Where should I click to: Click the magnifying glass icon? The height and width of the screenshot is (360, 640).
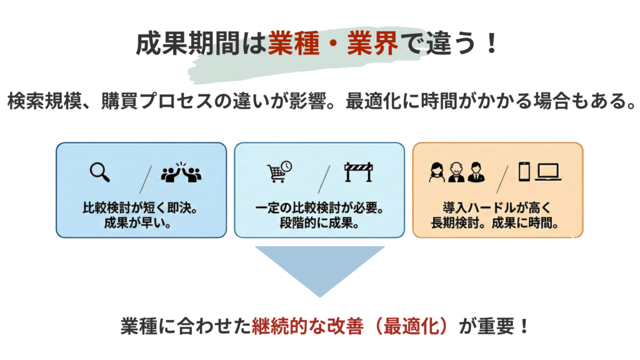click(99, 172)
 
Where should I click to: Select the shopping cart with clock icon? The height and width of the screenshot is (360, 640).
click(279, 172)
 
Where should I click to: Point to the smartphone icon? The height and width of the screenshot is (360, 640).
click(524, 172)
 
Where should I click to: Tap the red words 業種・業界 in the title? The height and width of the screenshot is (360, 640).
click(332, 45)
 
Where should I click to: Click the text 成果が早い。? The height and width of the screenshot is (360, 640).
click(141, 222)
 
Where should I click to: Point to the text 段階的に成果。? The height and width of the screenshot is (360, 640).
click(319, 222)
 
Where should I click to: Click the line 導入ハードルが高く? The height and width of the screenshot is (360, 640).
click(497, 207)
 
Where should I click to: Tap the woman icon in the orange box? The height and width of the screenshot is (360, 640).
click(436, 172)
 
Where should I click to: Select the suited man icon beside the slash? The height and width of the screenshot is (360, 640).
click(476, 172)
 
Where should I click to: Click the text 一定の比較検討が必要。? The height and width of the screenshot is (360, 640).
click(319, 207)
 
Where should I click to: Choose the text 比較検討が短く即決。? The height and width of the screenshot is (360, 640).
click(141, 207)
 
